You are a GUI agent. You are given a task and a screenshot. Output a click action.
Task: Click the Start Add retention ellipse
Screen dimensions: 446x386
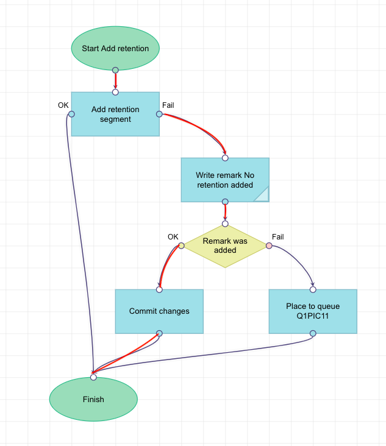coord(115,48)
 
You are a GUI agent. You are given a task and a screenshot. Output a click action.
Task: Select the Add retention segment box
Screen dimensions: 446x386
coord(115,114)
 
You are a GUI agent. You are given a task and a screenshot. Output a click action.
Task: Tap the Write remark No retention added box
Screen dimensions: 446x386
coord(225,180)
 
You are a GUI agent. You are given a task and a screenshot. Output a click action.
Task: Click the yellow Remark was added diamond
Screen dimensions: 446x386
coord(225,246)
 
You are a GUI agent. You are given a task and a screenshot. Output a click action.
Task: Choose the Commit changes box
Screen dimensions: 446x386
coord(159,311)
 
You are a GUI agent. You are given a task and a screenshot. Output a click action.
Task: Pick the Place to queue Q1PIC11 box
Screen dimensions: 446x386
coord(313,311)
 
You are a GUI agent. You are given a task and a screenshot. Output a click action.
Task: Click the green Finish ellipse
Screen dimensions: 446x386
coord(93,400)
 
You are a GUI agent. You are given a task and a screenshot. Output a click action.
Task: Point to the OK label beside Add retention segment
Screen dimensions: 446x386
coord(63,105)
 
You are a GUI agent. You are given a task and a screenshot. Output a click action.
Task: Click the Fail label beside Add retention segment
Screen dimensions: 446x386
coord(168,105)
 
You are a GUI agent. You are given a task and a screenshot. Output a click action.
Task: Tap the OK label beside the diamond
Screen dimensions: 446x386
coord(173,236)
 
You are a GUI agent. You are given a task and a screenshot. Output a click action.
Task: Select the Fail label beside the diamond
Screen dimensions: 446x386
coord(278,236)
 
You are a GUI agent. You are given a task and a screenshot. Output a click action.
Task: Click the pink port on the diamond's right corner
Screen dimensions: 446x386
coord(269,246)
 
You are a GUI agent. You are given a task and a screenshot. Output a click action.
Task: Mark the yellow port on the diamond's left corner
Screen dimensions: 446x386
coord(181,246)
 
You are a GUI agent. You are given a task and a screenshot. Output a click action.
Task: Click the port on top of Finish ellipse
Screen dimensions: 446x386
coord(93,377)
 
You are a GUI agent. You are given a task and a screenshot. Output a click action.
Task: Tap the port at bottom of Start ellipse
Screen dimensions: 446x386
coord(115,70)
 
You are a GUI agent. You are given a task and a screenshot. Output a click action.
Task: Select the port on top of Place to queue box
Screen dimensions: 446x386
coord(313,289)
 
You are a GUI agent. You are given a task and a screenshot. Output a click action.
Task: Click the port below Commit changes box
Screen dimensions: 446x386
coord(159,333)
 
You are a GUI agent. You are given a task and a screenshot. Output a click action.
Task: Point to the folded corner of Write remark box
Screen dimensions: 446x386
coord(262,194)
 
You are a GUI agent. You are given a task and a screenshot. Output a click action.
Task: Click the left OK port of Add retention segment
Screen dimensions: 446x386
coord(71,114)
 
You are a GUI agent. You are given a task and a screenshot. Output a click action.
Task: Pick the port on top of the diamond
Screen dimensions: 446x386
coord(225,224)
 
